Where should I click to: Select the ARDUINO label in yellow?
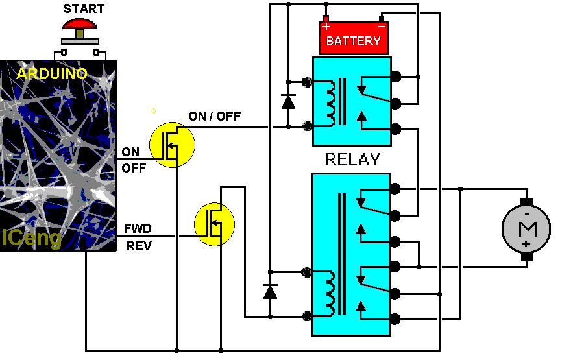coord(52,74)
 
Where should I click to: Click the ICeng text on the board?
coord(32,239)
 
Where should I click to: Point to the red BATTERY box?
coord(353,39)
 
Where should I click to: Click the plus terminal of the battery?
coord(326,27)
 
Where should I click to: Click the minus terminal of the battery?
coord(382,27)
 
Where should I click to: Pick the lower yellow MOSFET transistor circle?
coord(215,224)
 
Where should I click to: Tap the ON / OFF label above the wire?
coord(214,116)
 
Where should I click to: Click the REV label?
coord(138,246)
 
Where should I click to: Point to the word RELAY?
coord(352,159)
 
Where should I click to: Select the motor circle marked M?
coord(526,228)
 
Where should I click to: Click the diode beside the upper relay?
coord(288,102)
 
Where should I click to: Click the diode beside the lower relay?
coord(270,292)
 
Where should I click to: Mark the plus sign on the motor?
coord(526,244)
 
